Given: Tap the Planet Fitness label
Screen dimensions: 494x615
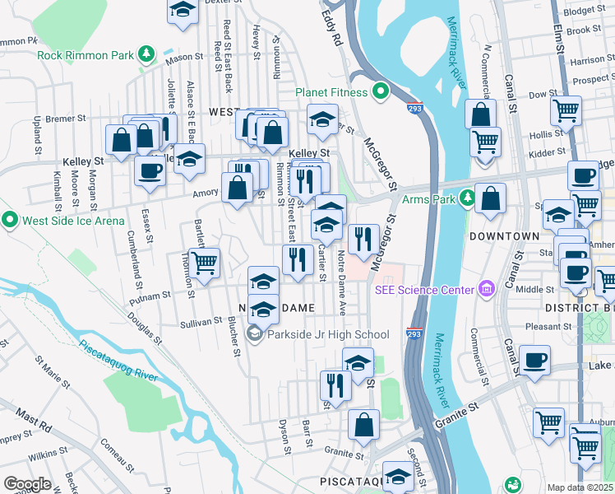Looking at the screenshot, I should [332, 92].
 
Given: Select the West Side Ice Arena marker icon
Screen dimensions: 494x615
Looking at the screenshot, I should [10, 220].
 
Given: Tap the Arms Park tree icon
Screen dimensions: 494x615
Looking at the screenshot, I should [467, 198].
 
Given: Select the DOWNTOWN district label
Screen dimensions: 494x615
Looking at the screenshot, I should [503, 236].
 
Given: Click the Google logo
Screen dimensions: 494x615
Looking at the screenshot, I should [27, 484].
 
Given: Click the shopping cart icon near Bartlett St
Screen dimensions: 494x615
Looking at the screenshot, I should [205, 263].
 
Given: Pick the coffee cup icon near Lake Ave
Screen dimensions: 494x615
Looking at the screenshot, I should [534, 360].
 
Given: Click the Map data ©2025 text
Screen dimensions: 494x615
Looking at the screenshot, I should [579, 487].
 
